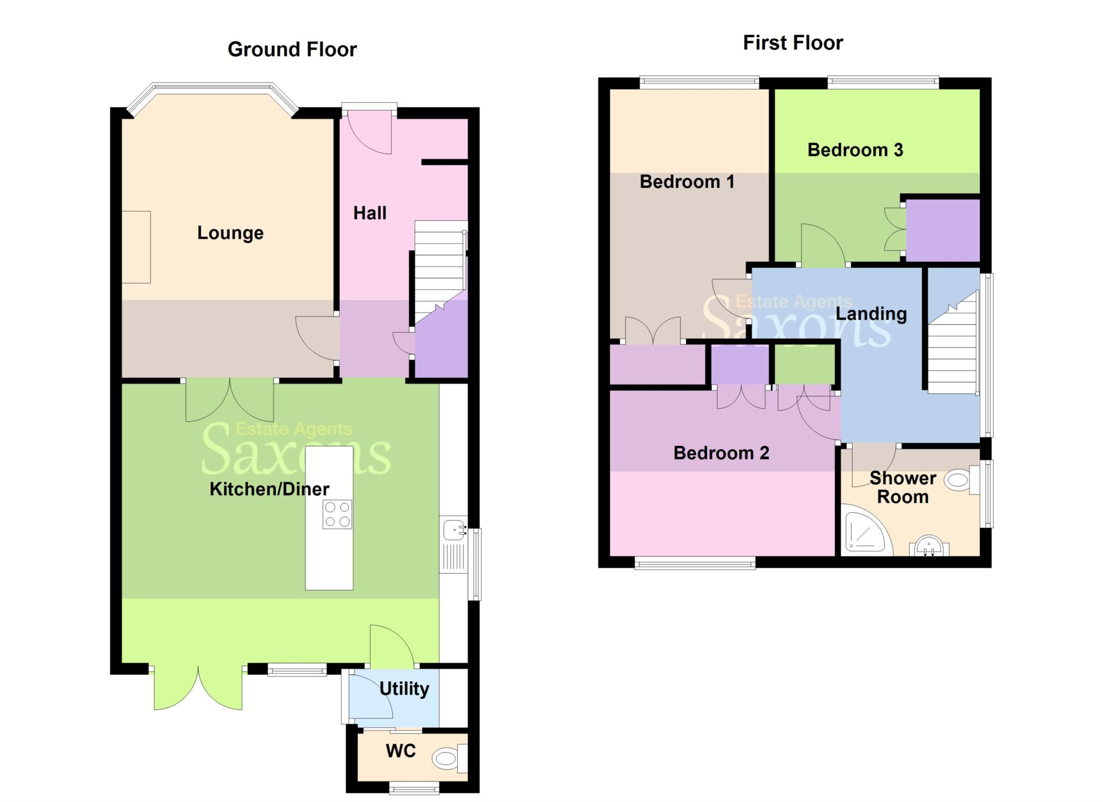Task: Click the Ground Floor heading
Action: [292, 50]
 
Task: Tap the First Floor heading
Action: [793, 43]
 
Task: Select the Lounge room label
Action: [230, 233]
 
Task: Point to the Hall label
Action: [369, 213]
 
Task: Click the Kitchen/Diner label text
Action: [269, 489]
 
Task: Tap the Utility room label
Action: [404, 689]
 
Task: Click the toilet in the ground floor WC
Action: [450, 759]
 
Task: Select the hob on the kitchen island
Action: [337, 514]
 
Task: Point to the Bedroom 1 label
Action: [687, 182]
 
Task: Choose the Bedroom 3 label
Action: [855, 150]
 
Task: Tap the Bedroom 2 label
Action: [721, 453]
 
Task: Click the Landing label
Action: [871, 314]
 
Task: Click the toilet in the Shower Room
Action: [964, 479]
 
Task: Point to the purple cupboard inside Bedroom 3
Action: [943, 230]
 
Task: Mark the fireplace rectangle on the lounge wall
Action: [136, 247]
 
